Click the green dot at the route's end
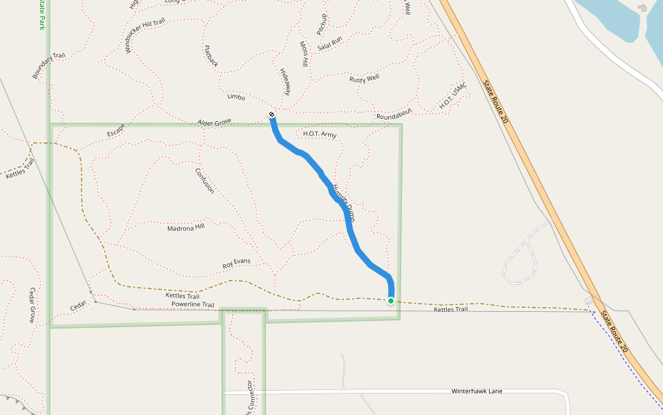[391, 301]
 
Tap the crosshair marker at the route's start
[272, 115]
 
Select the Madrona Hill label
[186, 227]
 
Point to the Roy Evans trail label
[236, 263]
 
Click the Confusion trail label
[205, 181]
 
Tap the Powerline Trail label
[193, 304]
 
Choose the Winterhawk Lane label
[477, 391]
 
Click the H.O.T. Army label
[320, 134]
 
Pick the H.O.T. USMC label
[453, 96]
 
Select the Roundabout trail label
[394, 113]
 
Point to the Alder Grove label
[214, 122]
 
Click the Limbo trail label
[236, 98]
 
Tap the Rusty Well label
[364, 78]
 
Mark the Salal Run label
[329, 45]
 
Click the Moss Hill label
[305, 54]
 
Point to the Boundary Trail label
[48, 65]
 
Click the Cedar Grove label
[31, 305]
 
